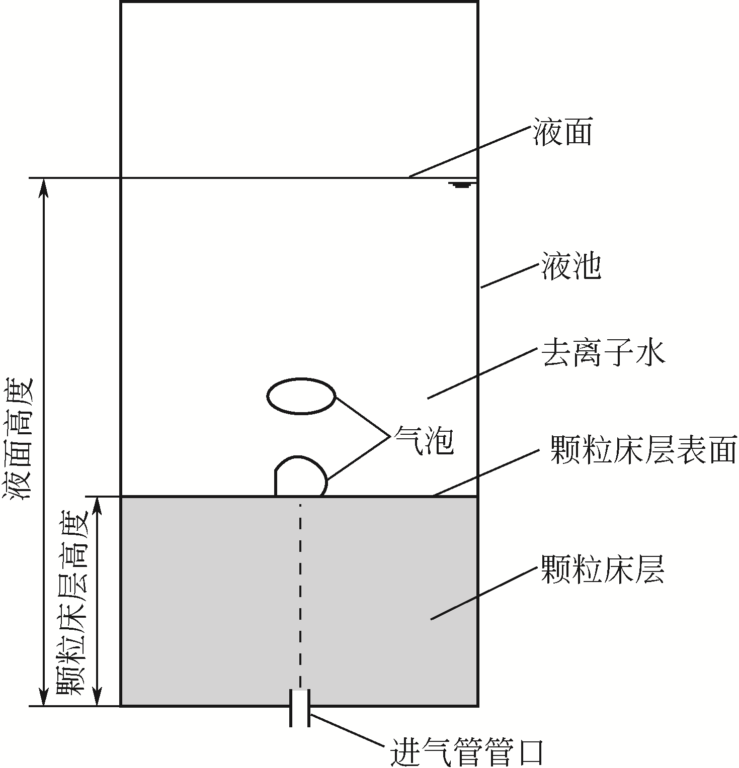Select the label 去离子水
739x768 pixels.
(x=603, y=353)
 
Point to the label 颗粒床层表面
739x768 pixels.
(x=643, y=449)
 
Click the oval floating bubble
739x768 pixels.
(x=301, y=397)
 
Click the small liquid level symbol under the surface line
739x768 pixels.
(x=461, y=185)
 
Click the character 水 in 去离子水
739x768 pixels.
(x=650, y=353)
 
